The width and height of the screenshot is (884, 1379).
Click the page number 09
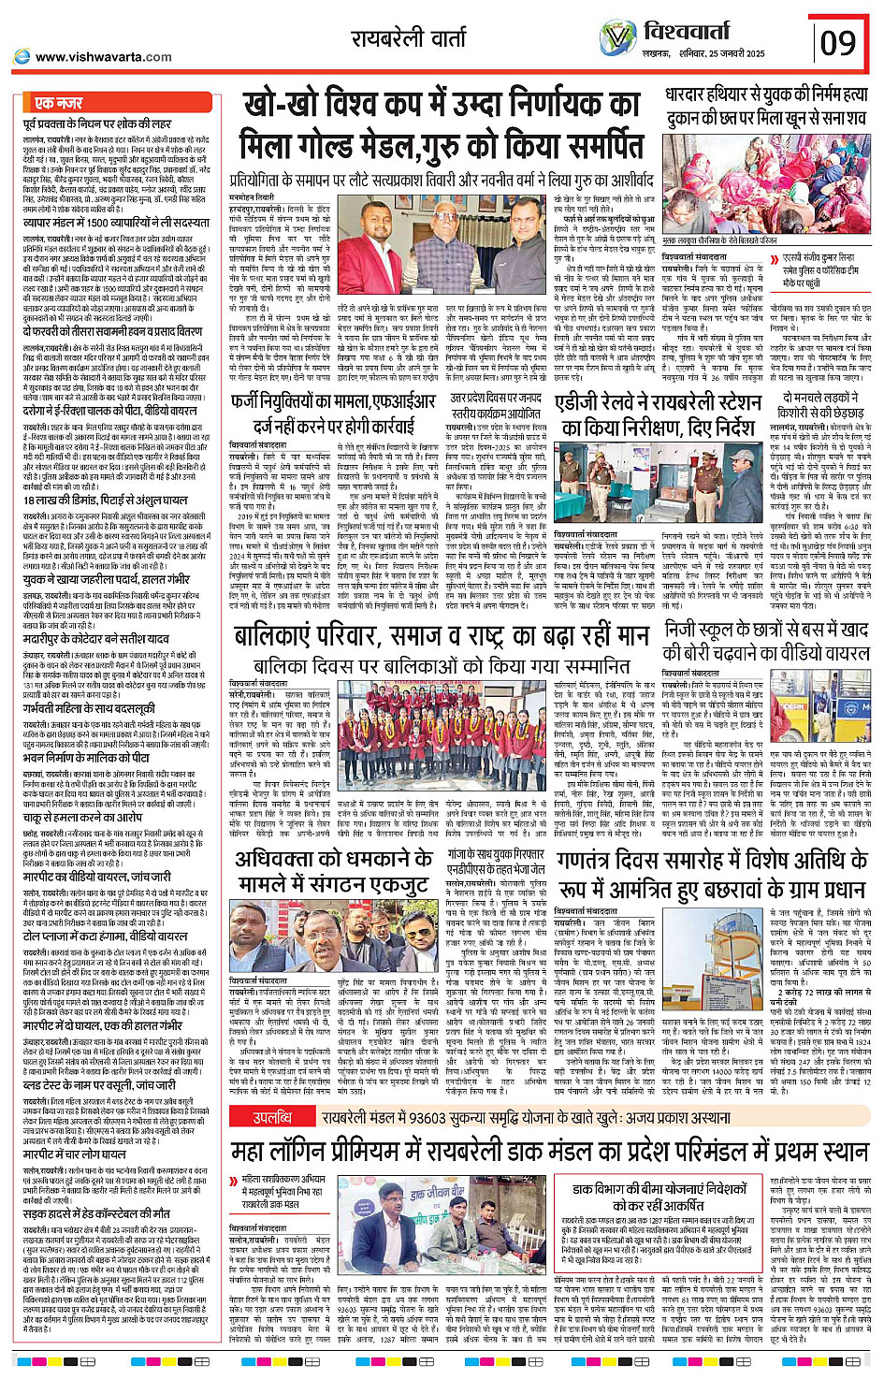click(x=837, y=42)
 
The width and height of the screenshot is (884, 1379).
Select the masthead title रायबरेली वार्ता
click(x=409, y=38)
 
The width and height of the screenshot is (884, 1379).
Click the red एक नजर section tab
click(x=58, y=103)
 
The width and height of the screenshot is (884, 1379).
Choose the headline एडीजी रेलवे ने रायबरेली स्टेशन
click(x=654, y=414)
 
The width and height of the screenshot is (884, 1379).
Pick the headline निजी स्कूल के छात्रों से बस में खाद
click(x=766, y=641)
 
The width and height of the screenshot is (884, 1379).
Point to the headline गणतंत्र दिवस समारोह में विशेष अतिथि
click(x=712, y=873)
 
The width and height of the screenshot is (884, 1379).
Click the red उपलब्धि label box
click(x=272, y=1117)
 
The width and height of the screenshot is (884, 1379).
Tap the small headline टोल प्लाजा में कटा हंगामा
click(x=106, y=936)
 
